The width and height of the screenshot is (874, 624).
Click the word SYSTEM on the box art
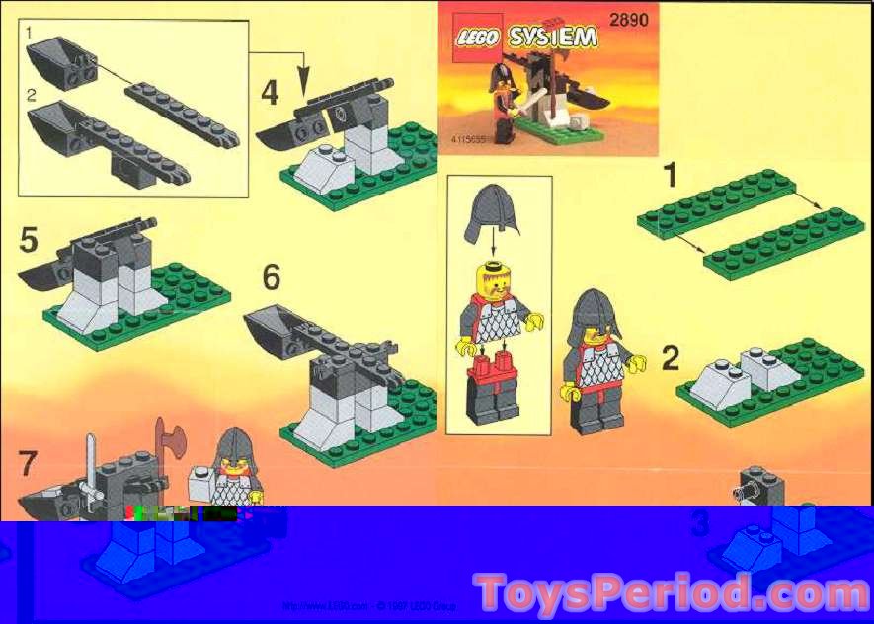click(x=553, y=39)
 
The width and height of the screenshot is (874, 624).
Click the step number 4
click(x=270, y=94)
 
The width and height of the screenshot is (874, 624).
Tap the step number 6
click(x=271, y=278)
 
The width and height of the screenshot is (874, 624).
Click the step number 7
click(x=29, y=463)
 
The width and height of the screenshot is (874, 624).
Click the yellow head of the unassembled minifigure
click(x=491, y=284)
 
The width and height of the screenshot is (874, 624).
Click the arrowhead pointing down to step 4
click(x=303, y=78)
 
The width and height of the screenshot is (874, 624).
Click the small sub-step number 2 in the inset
click(x=31, y=96)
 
